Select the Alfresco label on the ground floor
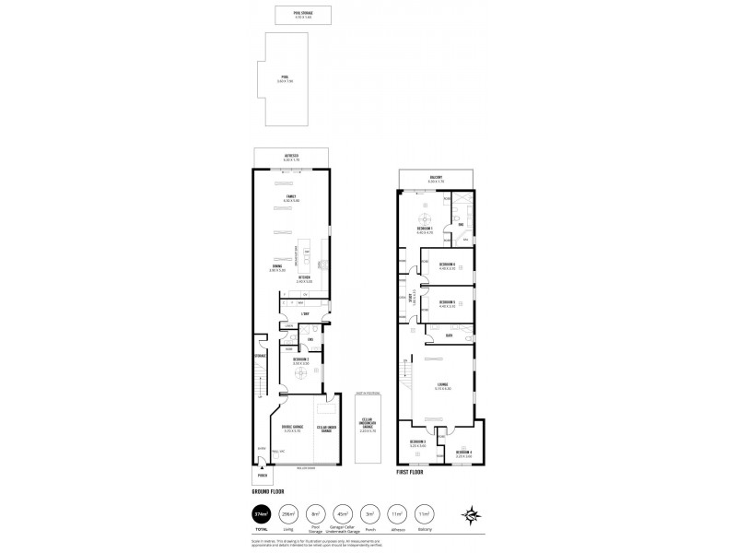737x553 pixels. click(x=292, y=158)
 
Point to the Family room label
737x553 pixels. click(x=292, y=198)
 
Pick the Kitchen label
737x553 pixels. click(x=303, y=277)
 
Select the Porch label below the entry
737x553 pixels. click(x=262, y=477)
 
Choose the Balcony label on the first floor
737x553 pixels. click(x=436, y=178)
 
